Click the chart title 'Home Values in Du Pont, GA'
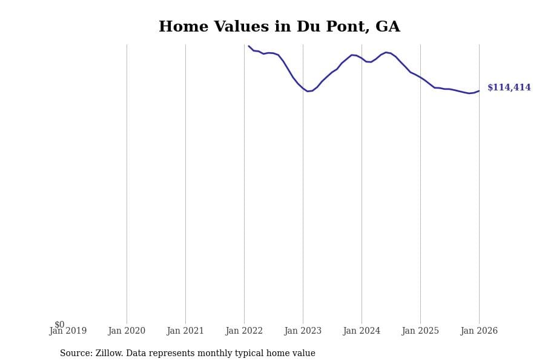pos(279,27)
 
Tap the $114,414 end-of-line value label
pos(509,88)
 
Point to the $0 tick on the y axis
pos(59,325)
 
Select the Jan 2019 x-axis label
pos(68,331)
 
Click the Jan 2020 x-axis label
pos(127,331)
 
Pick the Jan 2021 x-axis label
pos(185,331)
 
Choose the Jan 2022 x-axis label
pos(244,331)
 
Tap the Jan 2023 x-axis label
pos(303,331)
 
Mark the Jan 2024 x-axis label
pos(362,331)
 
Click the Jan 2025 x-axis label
pos(420,331)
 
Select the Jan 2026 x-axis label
pos(479,331)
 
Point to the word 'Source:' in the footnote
pos(76,354)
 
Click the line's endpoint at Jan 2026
pos(479,91)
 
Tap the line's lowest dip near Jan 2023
pos(308,91)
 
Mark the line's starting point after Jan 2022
pos(249,46)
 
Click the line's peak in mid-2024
pos(386,52)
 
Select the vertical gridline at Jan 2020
pos(127,182)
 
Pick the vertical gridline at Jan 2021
pos(185,182)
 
